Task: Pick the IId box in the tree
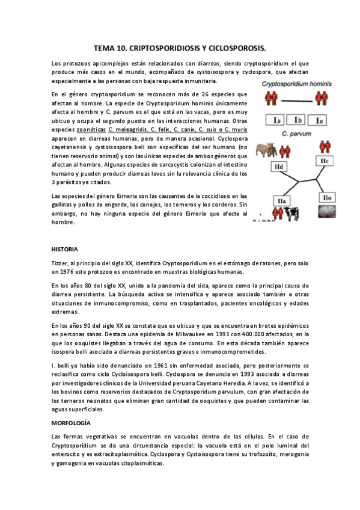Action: pos(279,166)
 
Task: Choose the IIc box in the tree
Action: pos(323,161)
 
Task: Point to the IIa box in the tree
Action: pos(282,200)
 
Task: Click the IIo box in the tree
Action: pos(327,197)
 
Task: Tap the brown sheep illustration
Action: pos(266,150)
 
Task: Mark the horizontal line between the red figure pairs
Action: pos(297,99)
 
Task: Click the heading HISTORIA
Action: pos(65,248)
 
